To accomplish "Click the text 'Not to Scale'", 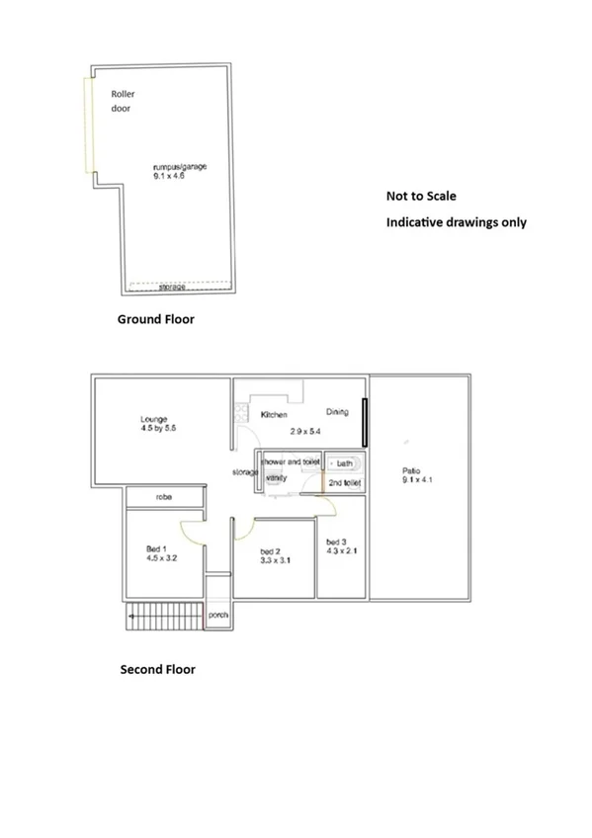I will point(421,197).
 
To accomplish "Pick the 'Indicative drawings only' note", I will point(456,222).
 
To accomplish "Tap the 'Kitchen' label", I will point(274,415).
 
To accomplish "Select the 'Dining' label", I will point(338,412).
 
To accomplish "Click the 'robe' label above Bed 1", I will point(164,498).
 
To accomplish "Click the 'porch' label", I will point(218,615).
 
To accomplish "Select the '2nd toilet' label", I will point(346,483).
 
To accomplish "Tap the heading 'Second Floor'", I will point(157,670).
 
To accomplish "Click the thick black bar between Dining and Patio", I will point(365,422).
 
